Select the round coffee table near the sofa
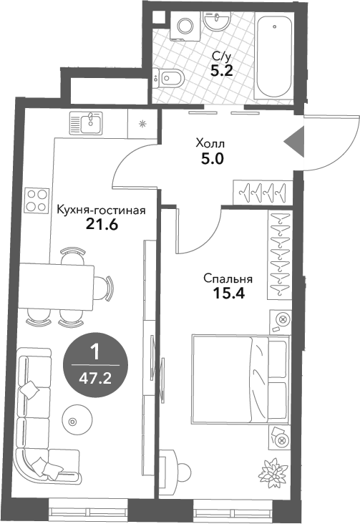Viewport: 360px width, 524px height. click(x=72, y=421)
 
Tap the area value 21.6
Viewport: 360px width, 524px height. click(x=102, y=224)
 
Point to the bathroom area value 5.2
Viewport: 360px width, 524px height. click(x=220, y=70)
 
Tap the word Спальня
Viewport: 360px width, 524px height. click(x=227, y=278)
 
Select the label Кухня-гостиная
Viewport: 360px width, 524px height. click(x=101, y=210)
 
